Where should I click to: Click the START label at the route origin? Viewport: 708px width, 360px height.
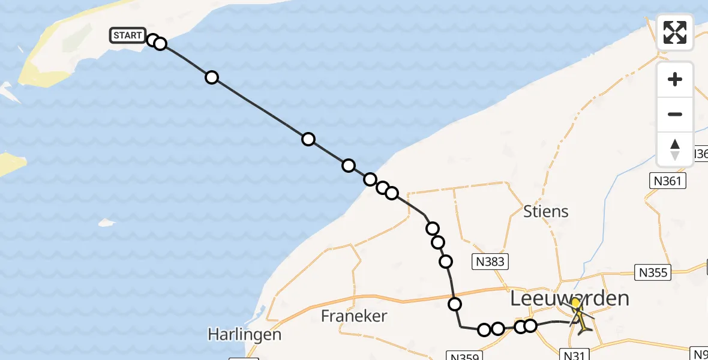tap(127, 35)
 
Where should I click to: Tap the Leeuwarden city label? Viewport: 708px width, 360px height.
tap(569, 298)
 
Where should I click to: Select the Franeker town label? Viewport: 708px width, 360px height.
tap(354, 316)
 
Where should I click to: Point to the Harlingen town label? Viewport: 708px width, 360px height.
tap(244, 334)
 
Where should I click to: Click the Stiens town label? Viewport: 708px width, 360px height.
tap(545, 211)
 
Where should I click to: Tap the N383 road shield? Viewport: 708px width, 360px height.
tap(491, 261)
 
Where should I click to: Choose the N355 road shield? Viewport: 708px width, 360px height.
tap(653, 273)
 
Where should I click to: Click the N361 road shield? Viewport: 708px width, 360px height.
tap(667, 181)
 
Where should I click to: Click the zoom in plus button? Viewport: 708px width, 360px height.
tap(675, 79)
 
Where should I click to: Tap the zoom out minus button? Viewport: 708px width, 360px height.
tap(675, 114)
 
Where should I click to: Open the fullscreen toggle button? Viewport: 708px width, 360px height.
tap(675, 32)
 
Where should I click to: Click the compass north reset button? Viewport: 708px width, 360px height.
tap(675, 149)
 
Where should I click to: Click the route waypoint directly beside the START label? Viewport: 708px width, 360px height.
tap(152, 40)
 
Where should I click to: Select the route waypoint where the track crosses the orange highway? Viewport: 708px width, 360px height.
tap(455, 304)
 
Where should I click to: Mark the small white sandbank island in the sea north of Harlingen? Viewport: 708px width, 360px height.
tap(106, 223)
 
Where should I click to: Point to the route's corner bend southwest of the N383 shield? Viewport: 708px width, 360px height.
tap(461, 326)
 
